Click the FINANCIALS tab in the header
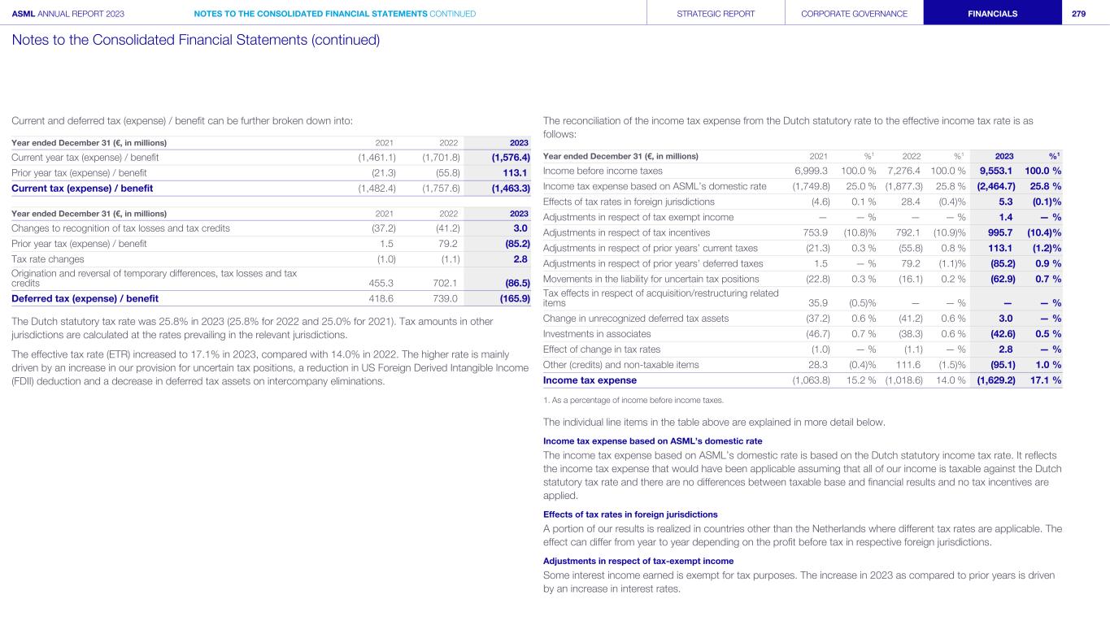pyautogui.click(x=991, y=13)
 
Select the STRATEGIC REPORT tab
pyautogui.click(x=716, y=13)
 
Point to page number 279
pyautogui.click(x=1079, y=13)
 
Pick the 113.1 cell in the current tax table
pyautogui.click(x=516, y=173)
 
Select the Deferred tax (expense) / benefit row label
pyautogui.click(x=85, y=298)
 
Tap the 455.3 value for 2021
pyautogui.click(x=382, y=282)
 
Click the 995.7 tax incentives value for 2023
pyautogui.click(x=1003, y=232)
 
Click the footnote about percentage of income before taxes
pyautogui.click(x=633, y=400)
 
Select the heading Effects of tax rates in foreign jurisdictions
pyautogui.click(x=629, y=514)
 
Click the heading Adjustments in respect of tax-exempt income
pyautogui.click(x=638, y=561)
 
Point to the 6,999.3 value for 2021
pyautogui.click(x=811, y=171)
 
